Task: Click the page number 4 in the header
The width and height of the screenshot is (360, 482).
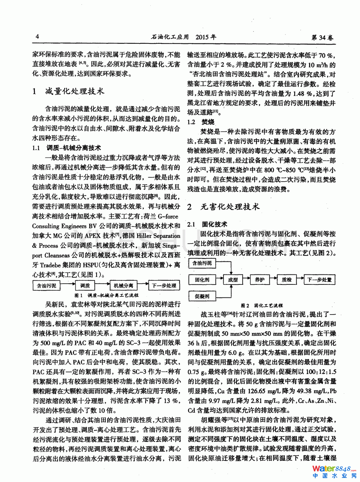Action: tap(37, 36)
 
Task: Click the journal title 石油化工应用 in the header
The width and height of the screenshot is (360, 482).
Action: tap(170, 37)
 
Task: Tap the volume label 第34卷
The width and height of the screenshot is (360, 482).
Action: tap(322, 37)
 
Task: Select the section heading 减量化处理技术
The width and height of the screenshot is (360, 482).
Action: tap(75, 91)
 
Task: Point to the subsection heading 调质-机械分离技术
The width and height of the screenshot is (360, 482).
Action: tap(73, 148)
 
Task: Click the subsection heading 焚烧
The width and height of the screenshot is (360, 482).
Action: tap(208, 122)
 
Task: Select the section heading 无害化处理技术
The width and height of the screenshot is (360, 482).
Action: tap(230, 206)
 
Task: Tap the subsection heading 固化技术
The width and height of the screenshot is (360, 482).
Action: tap(215, 224)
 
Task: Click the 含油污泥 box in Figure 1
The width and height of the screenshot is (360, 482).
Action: tap(46, 286)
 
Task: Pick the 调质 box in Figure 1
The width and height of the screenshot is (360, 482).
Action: tap(85, 286)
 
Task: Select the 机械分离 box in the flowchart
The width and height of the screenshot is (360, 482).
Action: tap(124, 286)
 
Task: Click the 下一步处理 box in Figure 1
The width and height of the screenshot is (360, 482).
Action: tap(164, 286)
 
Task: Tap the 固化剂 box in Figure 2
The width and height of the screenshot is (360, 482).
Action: tap(202, 280)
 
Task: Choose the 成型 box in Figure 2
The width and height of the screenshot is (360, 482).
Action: tap(233, 280)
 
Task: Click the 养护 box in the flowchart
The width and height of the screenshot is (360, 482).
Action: tap(259, 280)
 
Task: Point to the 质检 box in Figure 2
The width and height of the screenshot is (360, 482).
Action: tap(287, 280)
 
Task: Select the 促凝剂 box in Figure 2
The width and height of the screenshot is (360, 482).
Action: tap(202, 296)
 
